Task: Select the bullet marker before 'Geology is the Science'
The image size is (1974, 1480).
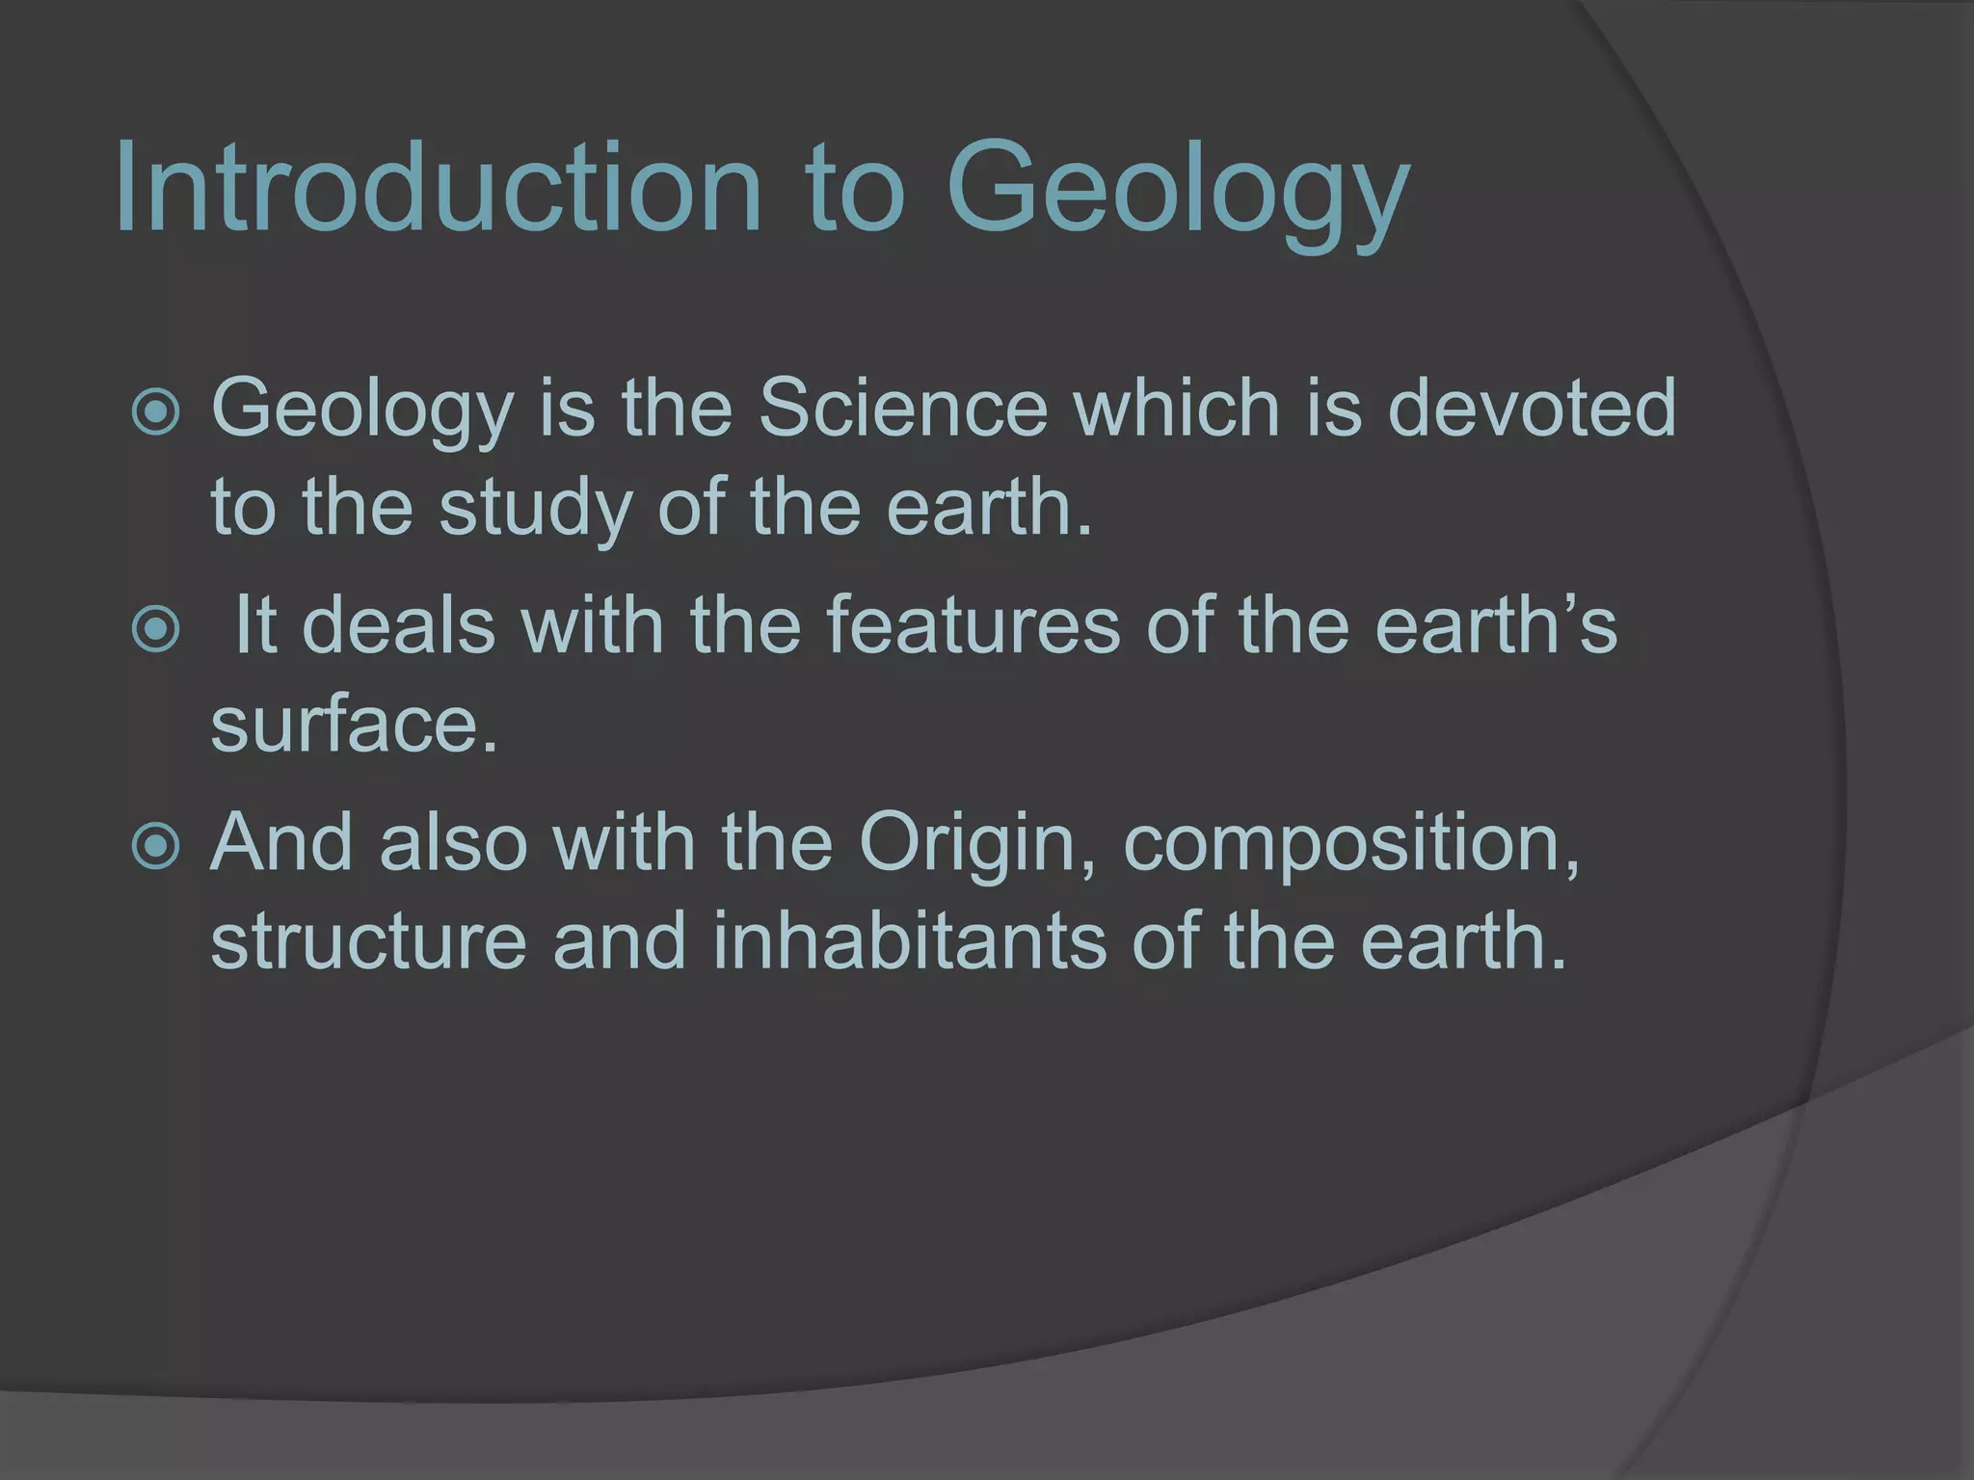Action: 155,412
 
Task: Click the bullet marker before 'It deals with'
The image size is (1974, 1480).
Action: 155,629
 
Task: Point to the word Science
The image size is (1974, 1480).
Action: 903,409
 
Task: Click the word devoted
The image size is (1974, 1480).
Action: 1532,409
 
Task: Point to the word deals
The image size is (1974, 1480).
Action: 398,625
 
